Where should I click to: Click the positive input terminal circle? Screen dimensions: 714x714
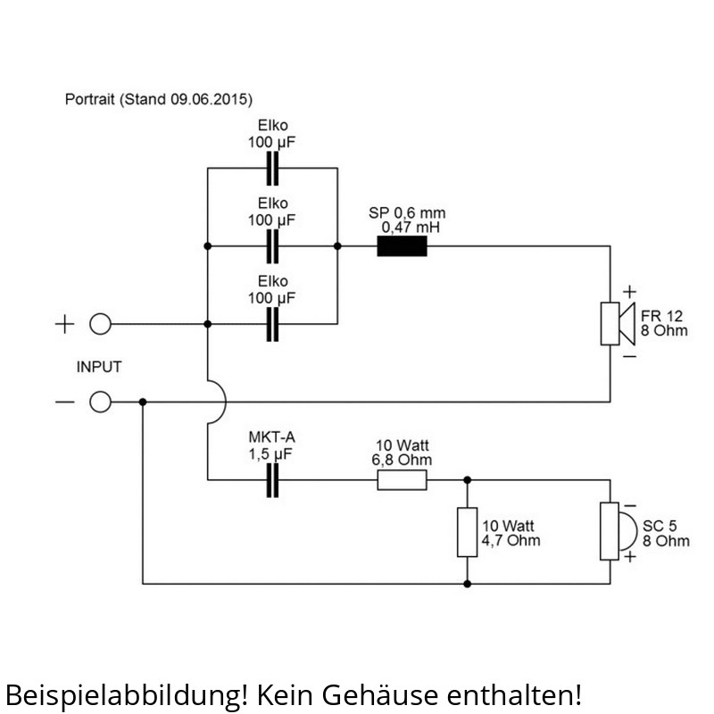tap(101, 324)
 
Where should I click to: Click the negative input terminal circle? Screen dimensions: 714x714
tap(101, 403)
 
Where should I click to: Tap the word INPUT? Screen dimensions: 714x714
tap(99, 367)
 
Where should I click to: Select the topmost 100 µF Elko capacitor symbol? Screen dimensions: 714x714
tap(273, 168)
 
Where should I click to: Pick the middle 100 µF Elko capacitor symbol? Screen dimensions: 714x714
tap(273, 245)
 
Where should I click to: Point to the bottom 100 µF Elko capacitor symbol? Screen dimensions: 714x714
tap(273, 324)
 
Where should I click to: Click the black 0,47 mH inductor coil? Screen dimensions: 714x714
tap(402, 245)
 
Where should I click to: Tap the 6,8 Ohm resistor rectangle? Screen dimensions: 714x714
tap(402, 481)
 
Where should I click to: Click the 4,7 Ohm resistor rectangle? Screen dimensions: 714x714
tap(467, 532)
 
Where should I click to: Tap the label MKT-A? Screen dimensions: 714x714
tap(272, 439)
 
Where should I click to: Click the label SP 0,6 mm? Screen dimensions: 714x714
tap(407, 213)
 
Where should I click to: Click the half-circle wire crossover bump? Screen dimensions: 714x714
tap(220, 403)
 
